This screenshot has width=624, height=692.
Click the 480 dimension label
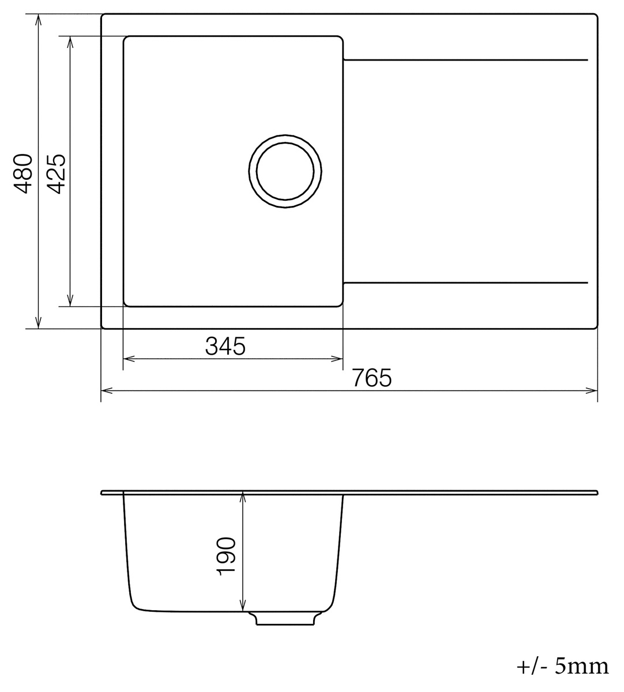coord(24,174)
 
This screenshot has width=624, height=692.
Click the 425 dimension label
coord(56,174)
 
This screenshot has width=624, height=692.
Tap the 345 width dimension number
coord(225,347)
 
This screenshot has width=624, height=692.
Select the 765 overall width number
coord(372,378)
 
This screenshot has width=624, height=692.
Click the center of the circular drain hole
coord(285,171)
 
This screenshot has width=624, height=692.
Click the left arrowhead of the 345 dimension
coord(129,359)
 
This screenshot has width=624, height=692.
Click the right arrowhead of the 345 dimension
coord(337,359)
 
